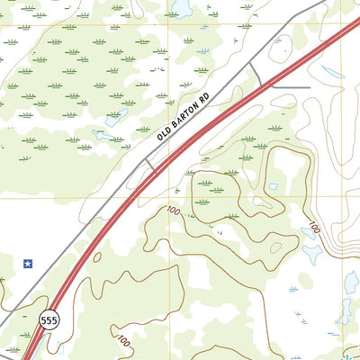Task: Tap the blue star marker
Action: tap(28, 264)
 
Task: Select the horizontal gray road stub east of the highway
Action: tap(290, 87)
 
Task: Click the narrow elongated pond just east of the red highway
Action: tap(274, 186)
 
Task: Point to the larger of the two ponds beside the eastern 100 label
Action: tap(312, 253)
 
